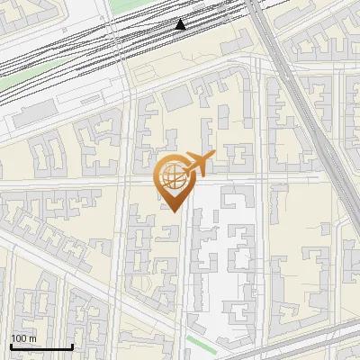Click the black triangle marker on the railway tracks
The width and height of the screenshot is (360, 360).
pos(181,24)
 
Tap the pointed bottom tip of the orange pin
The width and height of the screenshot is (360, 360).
pos(172,211)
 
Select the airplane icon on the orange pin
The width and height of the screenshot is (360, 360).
pos(196,164)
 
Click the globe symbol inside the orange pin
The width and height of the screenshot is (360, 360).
pos(173,177)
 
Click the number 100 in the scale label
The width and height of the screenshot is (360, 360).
pos(20,338)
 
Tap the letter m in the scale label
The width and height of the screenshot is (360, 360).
pos(33,338)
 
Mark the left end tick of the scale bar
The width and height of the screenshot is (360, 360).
pos(11,346)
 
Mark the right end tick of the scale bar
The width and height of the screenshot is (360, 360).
pos(72,346)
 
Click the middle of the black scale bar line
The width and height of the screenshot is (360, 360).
pos(41,347)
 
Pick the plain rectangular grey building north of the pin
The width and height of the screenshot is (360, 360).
pos(176,96)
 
